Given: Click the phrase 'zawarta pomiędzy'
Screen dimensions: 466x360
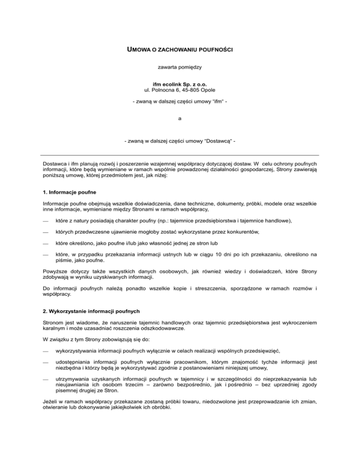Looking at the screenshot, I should [x=180, y=68].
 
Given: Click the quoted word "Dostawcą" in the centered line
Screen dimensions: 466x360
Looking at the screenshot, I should [x=217, y=141].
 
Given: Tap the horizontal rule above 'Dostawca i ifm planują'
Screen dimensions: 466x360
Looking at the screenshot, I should [x=180, y=155].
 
